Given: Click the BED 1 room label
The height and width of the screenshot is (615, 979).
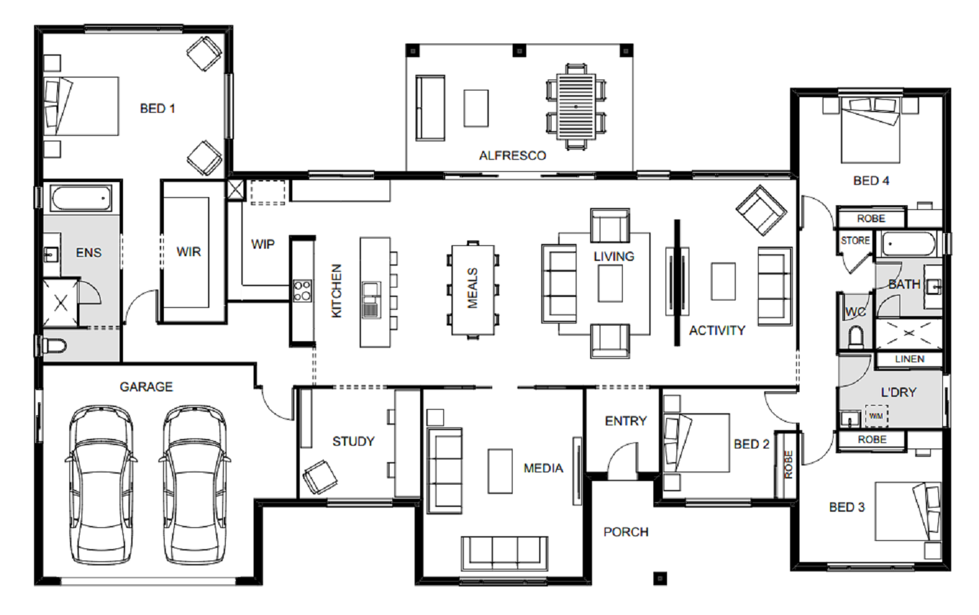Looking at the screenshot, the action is [157, 108].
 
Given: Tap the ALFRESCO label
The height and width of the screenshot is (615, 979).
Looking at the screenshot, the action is [512, 156].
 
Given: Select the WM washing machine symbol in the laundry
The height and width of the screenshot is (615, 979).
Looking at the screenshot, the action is [876, 416].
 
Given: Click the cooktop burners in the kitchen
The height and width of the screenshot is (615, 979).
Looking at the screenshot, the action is [303, 291].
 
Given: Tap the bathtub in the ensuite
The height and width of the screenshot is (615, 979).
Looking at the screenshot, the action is [81, 198].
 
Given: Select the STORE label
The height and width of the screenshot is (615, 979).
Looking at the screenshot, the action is [855, 241].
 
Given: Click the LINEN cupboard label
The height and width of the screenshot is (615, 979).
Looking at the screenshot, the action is [910, 359].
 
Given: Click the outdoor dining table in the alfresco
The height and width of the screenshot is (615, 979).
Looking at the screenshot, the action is [576, 107].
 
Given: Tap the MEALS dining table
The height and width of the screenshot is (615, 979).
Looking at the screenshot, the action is [473, 289].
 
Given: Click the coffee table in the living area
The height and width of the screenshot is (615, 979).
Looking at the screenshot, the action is [610, 283].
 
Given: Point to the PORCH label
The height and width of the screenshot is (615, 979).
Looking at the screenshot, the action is [626, 532].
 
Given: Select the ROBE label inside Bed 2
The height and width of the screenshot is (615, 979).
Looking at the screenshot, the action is [788, 465].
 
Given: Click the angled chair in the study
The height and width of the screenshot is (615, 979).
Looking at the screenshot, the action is [320, 477].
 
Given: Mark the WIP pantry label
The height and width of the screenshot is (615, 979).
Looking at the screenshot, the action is [262, 244].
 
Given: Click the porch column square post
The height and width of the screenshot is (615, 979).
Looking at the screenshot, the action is [660, 579].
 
